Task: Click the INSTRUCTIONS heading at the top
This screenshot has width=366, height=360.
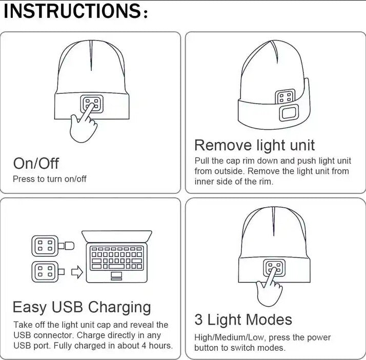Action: pyautogui.click(x=76, y=11)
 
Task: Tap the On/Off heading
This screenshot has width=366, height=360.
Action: pyautogui.click(x=36, y=163)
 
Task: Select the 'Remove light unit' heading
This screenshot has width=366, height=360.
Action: pyautogui.click(x=254, y=146)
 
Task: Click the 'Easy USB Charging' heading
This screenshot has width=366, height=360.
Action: pyautogui.click(x=82, y=307)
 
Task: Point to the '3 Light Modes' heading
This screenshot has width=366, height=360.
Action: pyautogui.click(x=243, y=319)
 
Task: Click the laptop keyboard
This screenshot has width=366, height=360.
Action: pyautogui.click(x=117, y=258)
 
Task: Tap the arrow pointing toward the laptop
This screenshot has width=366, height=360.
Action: pyautogui.click(x=77, y=272)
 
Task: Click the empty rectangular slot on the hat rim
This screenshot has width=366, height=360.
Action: pyautogui.click(x=289, y=113)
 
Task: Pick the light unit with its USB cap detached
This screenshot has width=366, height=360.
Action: pyautogui.click(x=45, y=246)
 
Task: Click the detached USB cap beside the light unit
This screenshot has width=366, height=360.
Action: pyautogui.click(x=69, y=246)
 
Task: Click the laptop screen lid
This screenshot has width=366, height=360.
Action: pyautogui.click(x=117, y=236)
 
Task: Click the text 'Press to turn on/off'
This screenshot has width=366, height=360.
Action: pyautogui.click(x=50, y=179)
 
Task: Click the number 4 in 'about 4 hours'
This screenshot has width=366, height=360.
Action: pyautogui.click(x=145, y=346)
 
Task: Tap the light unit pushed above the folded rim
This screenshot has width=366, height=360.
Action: pyautogui.click(x=285, y=96)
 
